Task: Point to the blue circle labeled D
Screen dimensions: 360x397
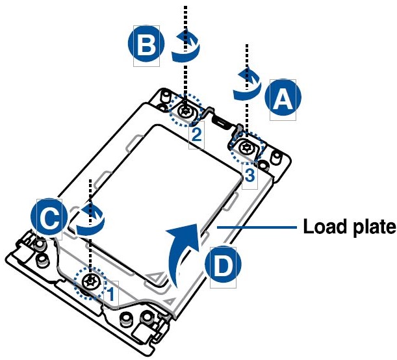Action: click(x=222, y=265)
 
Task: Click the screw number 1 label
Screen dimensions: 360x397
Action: click(x=111, y=294)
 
